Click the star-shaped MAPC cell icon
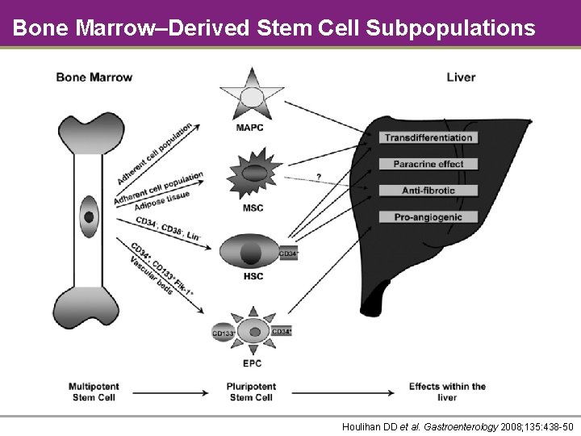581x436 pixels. pos(252,96)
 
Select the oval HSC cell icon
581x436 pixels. pos(250,251)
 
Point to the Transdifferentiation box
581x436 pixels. pos(428,138)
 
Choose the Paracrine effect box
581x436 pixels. pos(428,164)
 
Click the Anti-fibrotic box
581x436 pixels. pos(428,191)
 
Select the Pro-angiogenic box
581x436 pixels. pos(428,217)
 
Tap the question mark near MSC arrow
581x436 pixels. pos(318,177)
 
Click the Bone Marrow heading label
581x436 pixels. pos(94,78)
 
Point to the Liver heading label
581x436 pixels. pos(461,78)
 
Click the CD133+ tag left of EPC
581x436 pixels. pos(223,333)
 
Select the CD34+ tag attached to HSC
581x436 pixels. pos(288,254)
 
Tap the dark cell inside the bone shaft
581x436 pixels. pos(89,216)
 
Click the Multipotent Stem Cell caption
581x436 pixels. pos(94,392)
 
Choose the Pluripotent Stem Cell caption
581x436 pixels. pos(251,392)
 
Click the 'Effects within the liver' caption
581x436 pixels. pos(447,392)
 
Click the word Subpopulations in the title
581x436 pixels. pos(449,28)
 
